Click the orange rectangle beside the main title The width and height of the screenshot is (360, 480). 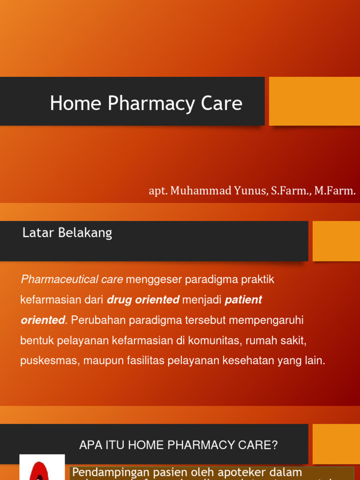314,101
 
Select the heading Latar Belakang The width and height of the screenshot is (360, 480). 67,233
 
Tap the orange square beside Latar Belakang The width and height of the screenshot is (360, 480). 336,241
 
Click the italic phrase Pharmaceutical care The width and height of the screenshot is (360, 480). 72,280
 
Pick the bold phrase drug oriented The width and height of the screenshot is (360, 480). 143,300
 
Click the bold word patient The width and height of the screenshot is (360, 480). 243,300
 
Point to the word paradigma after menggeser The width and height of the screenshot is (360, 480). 211,280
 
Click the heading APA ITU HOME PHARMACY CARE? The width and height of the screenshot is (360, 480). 179,445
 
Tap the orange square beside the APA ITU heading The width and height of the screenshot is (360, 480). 336,444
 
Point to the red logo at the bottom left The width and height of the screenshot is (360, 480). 42,469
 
